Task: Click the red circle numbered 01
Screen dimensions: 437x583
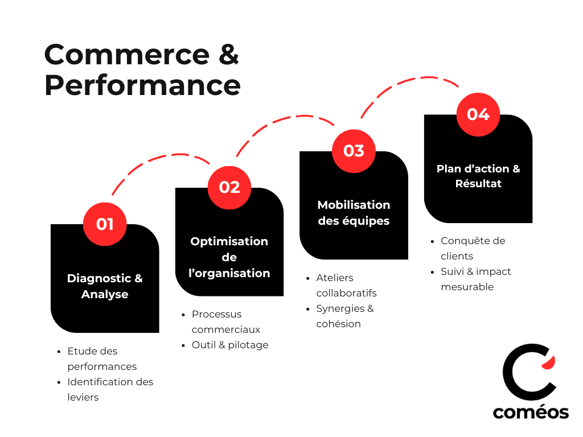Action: [x=105, y=224]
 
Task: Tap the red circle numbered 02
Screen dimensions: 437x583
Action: [x=229, y=187]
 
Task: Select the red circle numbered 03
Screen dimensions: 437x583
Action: [x=354, y=151]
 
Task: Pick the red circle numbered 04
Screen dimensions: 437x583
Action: [x=478, y=114]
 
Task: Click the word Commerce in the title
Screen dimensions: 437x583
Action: [x=126, y=55]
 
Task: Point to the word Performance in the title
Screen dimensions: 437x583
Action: [x=142, y=85]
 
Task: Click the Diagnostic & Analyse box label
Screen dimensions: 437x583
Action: [x=105, y=286]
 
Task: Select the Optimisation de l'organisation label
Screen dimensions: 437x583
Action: [x=229, y=257]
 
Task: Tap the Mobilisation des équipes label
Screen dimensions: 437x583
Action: [x=354, y=213]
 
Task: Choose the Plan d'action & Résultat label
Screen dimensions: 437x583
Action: [x=478, y=176]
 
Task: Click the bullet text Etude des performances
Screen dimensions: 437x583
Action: [x=102, y=358]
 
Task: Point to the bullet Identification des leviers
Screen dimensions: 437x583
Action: [x=110, y=389]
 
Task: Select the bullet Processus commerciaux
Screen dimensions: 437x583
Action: [x=225, y=321]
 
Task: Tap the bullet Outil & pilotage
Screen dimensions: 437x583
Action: [x=229, y=345]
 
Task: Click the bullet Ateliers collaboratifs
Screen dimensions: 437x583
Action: [x=346, y=285]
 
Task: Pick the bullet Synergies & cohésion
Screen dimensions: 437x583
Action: [x=344, y=316]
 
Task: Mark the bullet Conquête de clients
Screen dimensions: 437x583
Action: [x=473, y=248]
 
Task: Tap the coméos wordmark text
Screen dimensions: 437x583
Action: [x=531, y=412]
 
